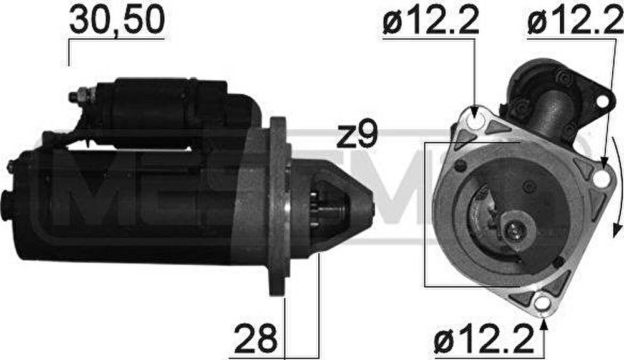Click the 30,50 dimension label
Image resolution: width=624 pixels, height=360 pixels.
tap(117, 20)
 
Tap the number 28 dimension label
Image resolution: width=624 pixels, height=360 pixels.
tap(255, 339)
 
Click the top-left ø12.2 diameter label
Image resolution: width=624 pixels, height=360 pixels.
tap(430, 19)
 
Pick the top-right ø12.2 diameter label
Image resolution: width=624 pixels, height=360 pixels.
tap(575, 19)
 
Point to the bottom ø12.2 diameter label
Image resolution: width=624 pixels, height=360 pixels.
tap(484, 339)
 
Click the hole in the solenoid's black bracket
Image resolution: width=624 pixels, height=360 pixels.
tap(603, 101)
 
